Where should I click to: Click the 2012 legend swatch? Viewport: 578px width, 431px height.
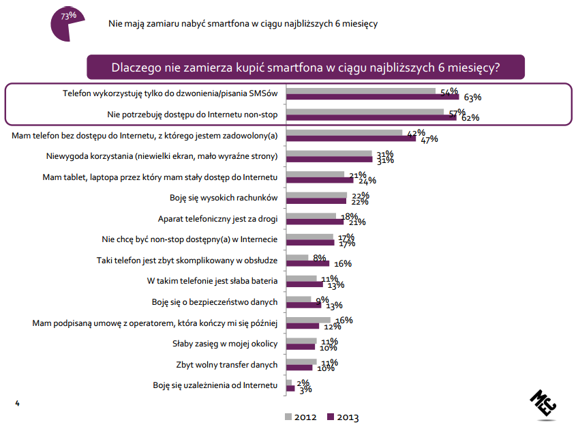click(x=288, y=417)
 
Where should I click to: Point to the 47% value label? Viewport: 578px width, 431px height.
click(x=429, y=140)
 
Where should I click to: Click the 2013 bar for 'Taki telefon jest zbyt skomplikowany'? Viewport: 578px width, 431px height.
click(x=308, y=264)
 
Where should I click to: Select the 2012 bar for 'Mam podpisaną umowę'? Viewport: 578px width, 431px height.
click(x=308, y=320)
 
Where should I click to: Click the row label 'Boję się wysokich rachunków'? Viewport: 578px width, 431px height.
click(x=224, y=198)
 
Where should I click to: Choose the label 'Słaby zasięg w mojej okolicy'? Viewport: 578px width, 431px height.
click(x=226, y=343)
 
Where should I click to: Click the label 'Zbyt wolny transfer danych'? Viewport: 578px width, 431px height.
click(x=227, y=364)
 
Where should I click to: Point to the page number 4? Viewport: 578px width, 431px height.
click(x=18, y=405)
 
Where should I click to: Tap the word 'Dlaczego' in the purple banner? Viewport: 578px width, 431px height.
click(x=135, y=68)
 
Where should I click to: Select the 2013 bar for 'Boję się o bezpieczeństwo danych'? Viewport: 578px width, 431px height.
click(x=303, y=306)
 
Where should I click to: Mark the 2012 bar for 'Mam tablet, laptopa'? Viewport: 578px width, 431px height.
click(x=315, y=175)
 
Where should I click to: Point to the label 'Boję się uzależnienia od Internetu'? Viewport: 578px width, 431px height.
click(x=215, y=386)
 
